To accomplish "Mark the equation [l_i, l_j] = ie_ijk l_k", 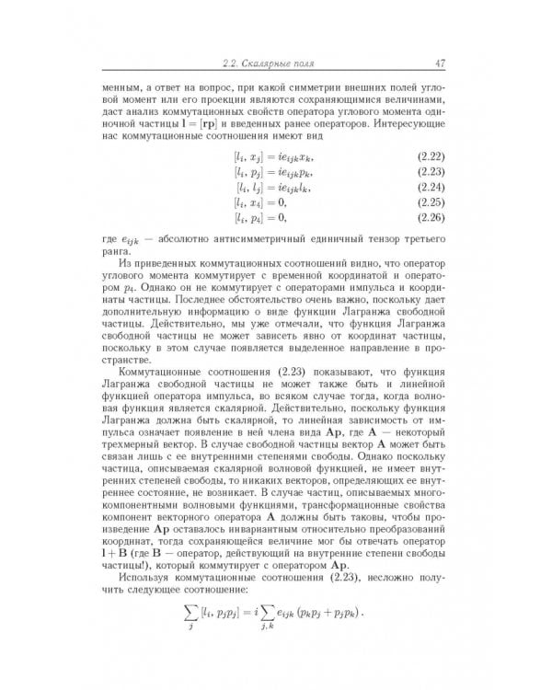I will coord(274,188).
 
